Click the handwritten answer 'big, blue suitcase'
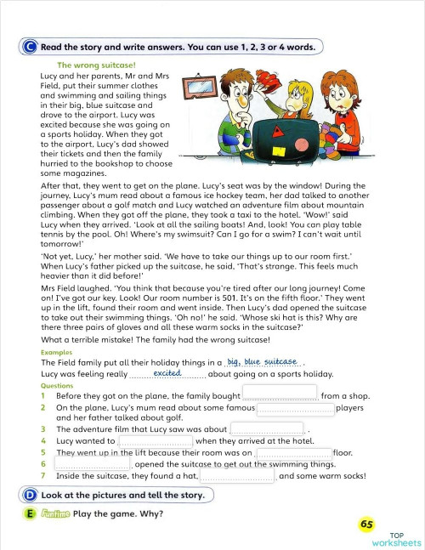click(262, 361)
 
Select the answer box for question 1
click(280, 395)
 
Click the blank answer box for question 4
click(155, 441)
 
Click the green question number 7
click(42, 476)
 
